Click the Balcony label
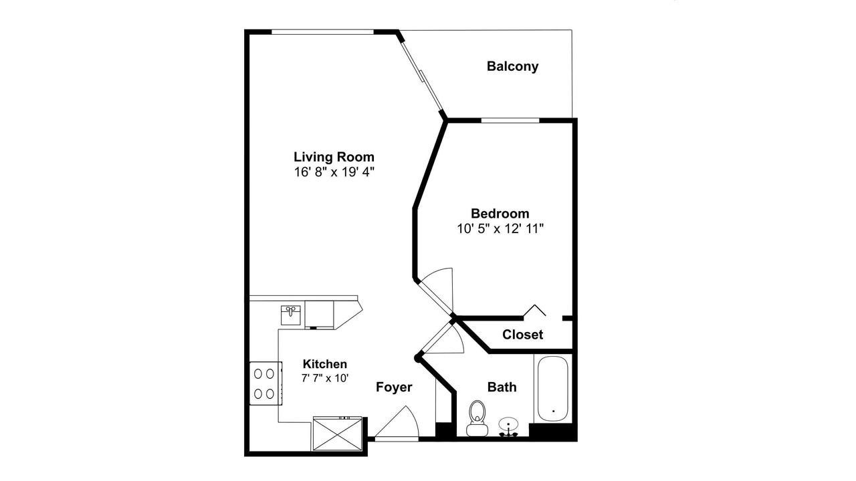pos(512,66)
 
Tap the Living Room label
pos(334,157)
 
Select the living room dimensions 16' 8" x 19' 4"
pos(334,172)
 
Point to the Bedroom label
pos(500,213)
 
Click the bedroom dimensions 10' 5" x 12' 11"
pos(500,228)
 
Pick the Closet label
pos(522,335)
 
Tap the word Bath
pos(502,387)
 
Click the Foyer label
pos(394,387)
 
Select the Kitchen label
pos(325,364)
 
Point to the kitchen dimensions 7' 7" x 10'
pos(325,378)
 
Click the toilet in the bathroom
pos(477,418)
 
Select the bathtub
pos(553,389)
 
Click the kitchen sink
pos(291,315)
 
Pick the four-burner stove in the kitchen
pos(266,383)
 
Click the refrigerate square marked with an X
pos(337,434)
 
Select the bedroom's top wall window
pos(510,121)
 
